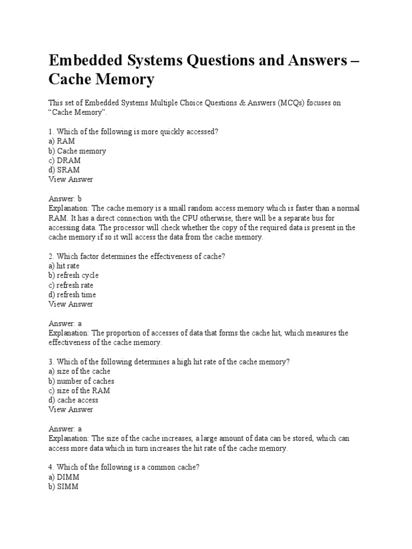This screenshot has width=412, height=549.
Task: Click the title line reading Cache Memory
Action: (101, 80)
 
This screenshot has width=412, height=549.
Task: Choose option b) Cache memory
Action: (77, 151)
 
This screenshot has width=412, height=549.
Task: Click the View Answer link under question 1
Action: (70, 180)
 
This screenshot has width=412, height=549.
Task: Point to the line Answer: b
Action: (65, 198)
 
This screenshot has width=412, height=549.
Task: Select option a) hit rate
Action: (64, 266)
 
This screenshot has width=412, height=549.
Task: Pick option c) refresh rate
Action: (71, 285)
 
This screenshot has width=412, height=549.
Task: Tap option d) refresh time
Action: (72, 294)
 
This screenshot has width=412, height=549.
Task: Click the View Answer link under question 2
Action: (70, 304)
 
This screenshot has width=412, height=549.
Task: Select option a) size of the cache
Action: (79, 371)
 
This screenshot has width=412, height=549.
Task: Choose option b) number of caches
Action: (81, 381)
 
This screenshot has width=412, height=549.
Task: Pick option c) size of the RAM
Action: (79, 390)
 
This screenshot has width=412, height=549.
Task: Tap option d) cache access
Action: (73, 400)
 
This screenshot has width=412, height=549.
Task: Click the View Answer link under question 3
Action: (70, 410)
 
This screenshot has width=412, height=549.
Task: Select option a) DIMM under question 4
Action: (64, 477)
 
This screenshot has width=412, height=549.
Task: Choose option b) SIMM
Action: (63, 486)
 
